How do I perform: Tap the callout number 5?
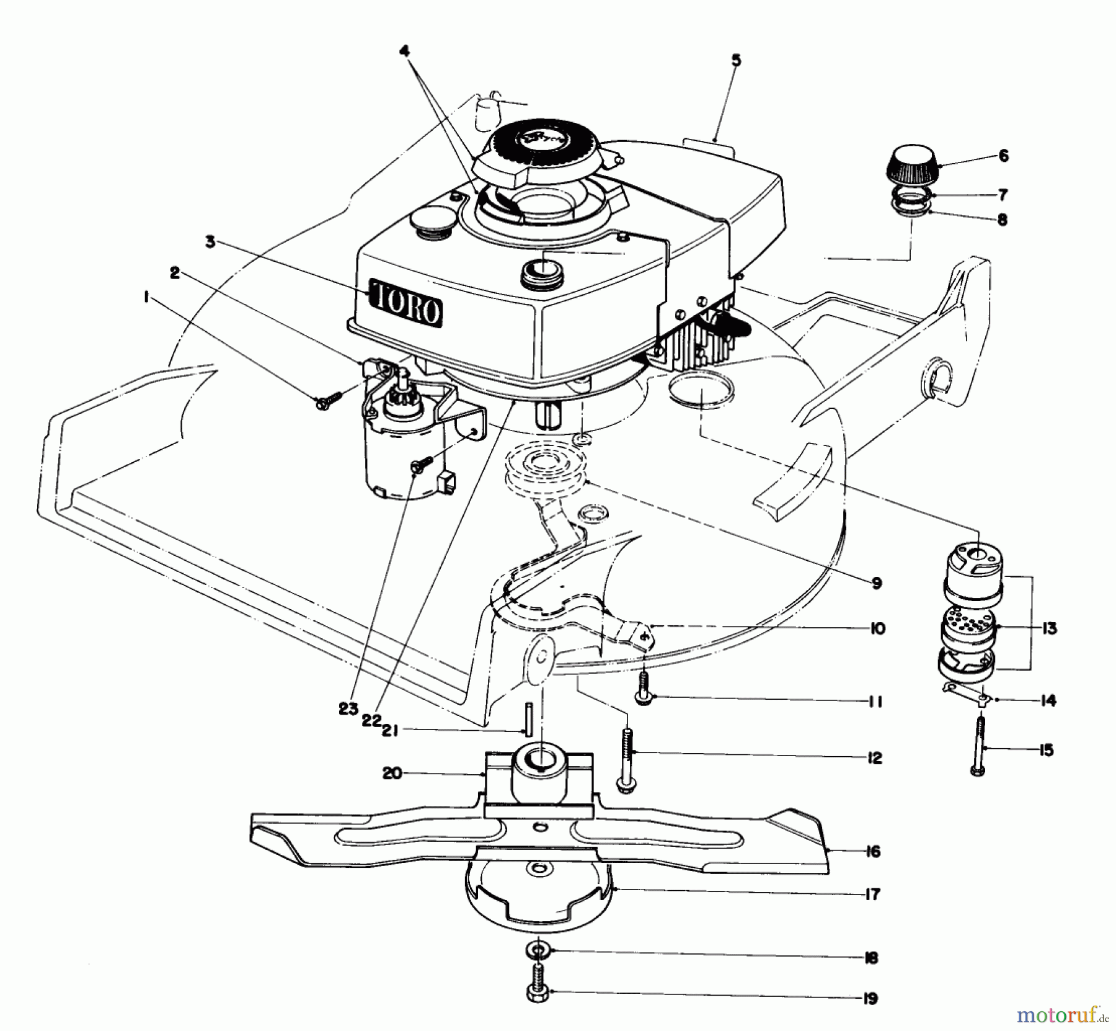click(736, 60)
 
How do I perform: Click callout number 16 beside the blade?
click(872, 852)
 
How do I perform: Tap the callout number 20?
click(392, 774)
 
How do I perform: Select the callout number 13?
click(1049, 628)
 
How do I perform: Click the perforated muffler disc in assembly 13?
click(968, 626)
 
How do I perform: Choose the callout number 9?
click(876, 584)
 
